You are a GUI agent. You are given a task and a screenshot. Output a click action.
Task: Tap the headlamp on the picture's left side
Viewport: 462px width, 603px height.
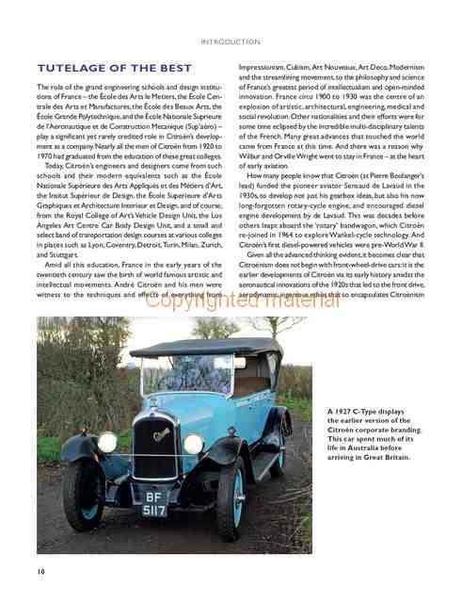(x=106, y=442)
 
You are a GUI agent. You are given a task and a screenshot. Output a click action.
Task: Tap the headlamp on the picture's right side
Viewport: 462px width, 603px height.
(x=193, y=444)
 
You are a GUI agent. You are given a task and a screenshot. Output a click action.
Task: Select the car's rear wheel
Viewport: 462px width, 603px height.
(x=279, y=452)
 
